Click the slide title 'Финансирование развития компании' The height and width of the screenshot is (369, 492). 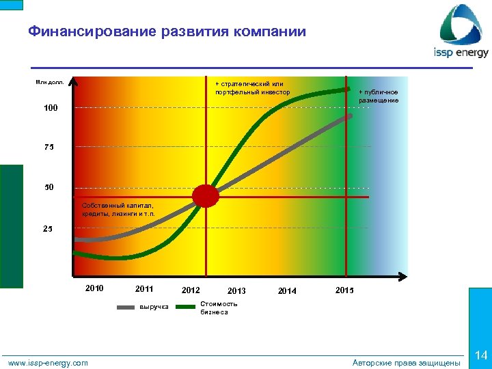[167, 31]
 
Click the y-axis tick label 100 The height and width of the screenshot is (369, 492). [51, 109]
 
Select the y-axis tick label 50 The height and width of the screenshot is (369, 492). [48, 187]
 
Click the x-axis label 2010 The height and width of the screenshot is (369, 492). [94, 288]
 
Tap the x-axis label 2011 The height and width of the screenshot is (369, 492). [144, 288]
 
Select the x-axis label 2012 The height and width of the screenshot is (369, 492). [191, 290]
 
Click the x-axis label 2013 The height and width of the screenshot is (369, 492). [236, 291]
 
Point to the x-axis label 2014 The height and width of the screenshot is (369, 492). [287, 291]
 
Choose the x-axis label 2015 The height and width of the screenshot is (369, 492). [344, 290]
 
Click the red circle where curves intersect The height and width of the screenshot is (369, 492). [206, 196]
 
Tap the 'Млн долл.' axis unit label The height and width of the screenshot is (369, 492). [49, 83]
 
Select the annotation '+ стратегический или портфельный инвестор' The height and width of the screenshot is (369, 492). [252, 88]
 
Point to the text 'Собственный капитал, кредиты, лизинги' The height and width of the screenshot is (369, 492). [118, 209]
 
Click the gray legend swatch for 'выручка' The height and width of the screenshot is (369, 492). [126, 307]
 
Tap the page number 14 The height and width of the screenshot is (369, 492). [480, 355]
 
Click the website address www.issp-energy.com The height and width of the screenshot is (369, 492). [48, 363]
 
